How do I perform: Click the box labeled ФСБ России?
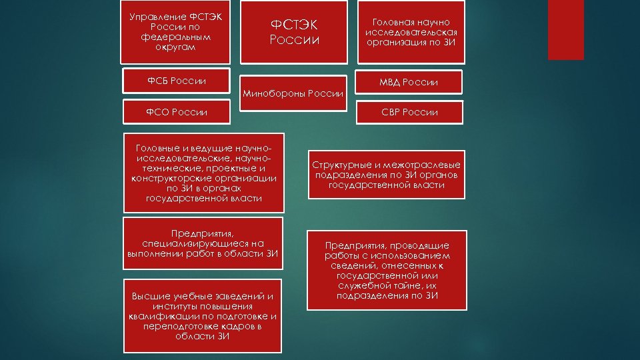(x=176, y=81)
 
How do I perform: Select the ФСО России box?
(x=176, y=111)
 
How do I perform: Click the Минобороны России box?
(x=293, y=93)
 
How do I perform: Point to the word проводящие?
(x=425, y=245)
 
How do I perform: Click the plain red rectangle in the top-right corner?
(x=565, y=29)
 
